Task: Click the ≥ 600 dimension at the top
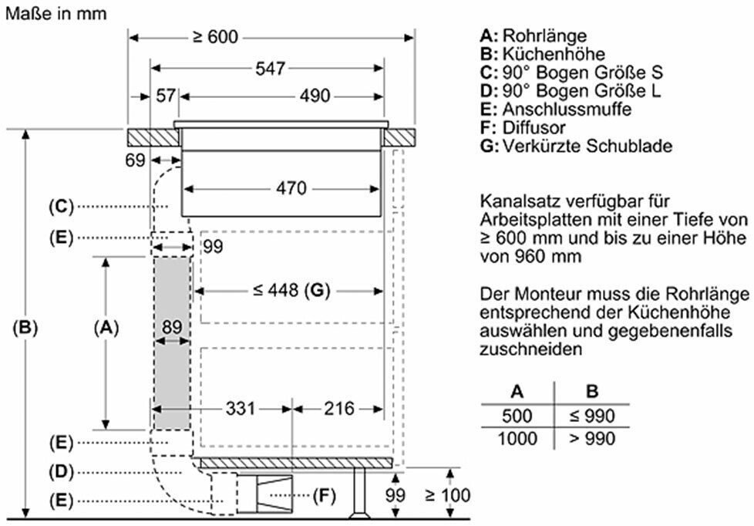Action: point(215,37)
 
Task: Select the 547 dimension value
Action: point(271,69)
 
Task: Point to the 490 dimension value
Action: point(315,96)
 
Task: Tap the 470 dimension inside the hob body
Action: point(291,187)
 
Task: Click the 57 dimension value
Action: point(166,96)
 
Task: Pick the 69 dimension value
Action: point(135,160)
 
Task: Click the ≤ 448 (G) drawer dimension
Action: point(291,290)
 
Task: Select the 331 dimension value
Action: point(240,409)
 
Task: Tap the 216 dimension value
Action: point(339,409)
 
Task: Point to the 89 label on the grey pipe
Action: point(172,327)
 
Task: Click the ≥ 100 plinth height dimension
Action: point(448,494)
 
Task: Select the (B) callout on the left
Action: point(25,327)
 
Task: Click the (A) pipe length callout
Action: point(106,327)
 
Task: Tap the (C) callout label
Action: point(62,207)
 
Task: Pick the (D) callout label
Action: point(62,471)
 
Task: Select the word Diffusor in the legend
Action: point(534,127)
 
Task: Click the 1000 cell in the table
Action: point(517,438)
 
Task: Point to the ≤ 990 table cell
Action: point(592,416)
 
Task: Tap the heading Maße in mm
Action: point(56,13)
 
